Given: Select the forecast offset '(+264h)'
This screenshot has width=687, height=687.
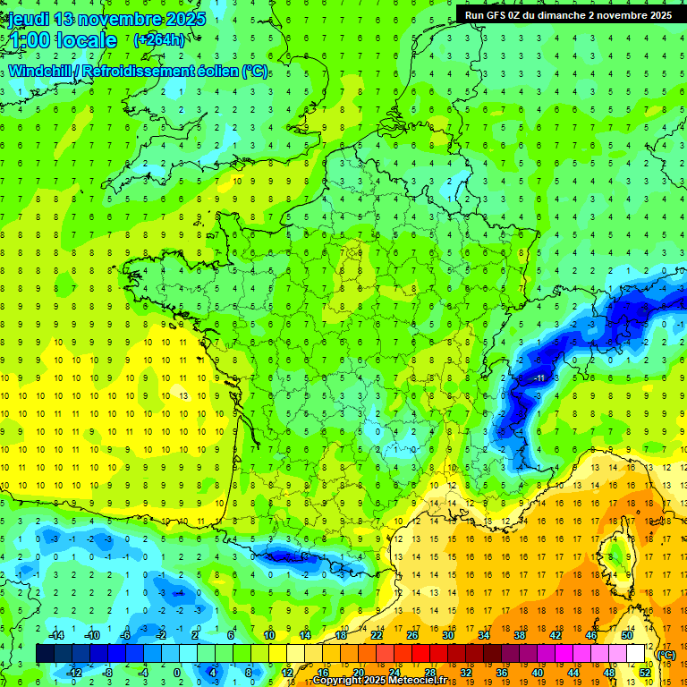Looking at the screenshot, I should [x=159, y=39].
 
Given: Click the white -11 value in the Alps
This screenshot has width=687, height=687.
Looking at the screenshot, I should [x=541, y=378].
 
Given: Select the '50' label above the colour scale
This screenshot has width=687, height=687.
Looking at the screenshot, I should [x=626, y=635].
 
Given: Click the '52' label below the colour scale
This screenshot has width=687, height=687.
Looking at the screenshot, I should [x=644, y=672].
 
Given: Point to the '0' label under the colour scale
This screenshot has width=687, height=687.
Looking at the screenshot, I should [x=176, y=672].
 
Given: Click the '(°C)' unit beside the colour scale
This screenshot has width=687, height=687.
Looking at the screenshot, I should [x=666, y=655].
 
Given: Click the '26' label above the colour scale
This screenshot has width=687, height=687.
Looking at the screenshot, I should [x=411, y=635].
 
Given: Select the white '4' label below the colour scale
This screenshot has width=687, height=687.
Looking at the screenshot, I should [x=213, y=672].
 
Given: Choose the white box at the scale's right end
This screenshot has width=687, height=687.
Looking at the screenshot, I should [x=635, y=654].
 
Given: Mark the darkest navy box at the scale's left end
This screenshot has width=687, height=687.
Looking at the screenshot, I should [x=45, y=654].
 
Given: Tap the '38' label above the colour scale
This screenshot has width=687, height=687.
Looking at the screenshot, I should [x=519, y=635].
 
